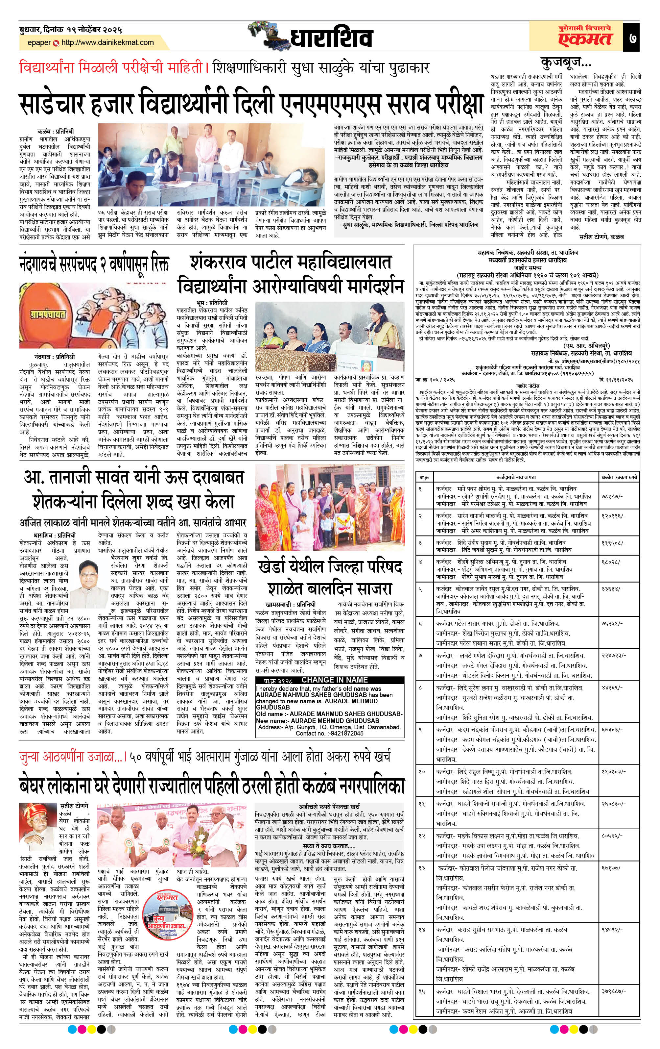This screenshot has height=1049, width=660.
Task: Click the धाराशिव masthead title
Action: tap(331, 38)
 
